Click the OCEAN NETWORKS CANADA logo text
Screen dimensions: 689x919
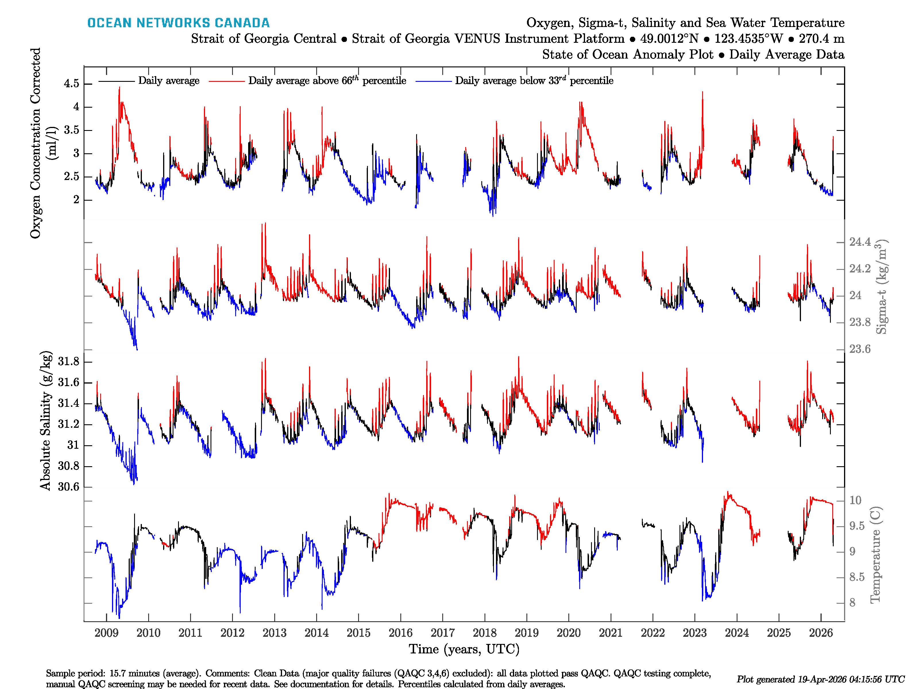pyautogui.click(x=178, y=23)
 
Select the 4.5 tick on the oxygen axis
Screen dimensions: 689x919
pyautogui.click(x=72, y=84)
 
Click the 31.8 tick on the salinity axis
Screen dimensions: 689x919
pyautogui.click(x=69, y=362)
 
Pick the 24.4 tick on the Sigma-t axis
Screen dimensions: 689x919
pyautogui.click(x=860, y=242)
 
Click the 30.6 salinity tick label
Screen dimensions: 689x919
pyautogui.click(x=69, y=487)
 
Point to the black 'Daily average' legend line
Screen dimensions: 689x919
pyautogui.click(x=116, y=81)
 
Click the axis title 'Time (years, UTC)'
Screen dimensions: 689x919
pyautogui.click(x=464, y=649)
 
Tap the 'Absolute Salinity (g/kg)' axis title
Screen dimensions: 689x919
pyautogui.click(x=46, y=421)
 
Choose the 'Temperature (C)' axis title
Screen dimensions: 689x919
pyautogui.click(x=875, y=554)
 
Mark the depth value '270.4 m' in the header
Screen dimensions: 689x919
pyautogui.click(x=821, y=39)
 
